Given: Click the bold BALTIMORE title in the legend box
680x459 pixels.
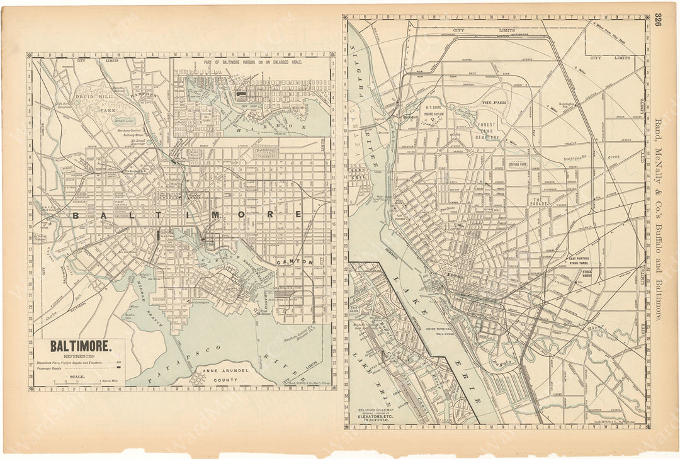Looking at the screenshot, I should (x=80, y=346).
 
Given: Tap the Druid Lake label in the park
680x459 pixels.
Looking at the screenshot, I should (x=122, y=119).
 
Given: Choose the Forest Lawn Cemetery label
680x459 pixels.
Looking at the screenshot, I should (x=487, y=129).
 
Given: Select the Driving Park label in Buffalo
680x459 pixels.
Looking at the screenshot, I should (x=518, y=166).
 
